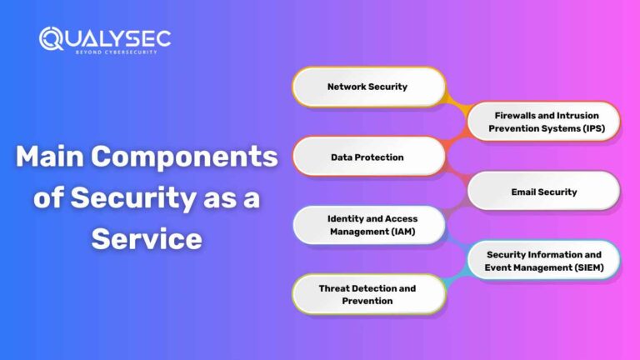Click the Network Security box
pos(367,87)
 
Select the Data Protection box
pos(367,157)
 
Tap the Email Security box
pos(543,192)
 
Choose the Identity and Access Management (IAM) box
pos(367,226)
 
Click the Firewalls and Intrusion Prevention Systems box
pos(543,122)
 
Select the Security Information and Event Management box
pos(543,261)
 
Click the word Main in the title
pos(52,157)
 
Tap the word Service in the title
pos(147,238)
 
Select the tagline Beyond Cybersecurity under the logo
pos(106,52)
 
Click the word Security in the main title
pos(135,198)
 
